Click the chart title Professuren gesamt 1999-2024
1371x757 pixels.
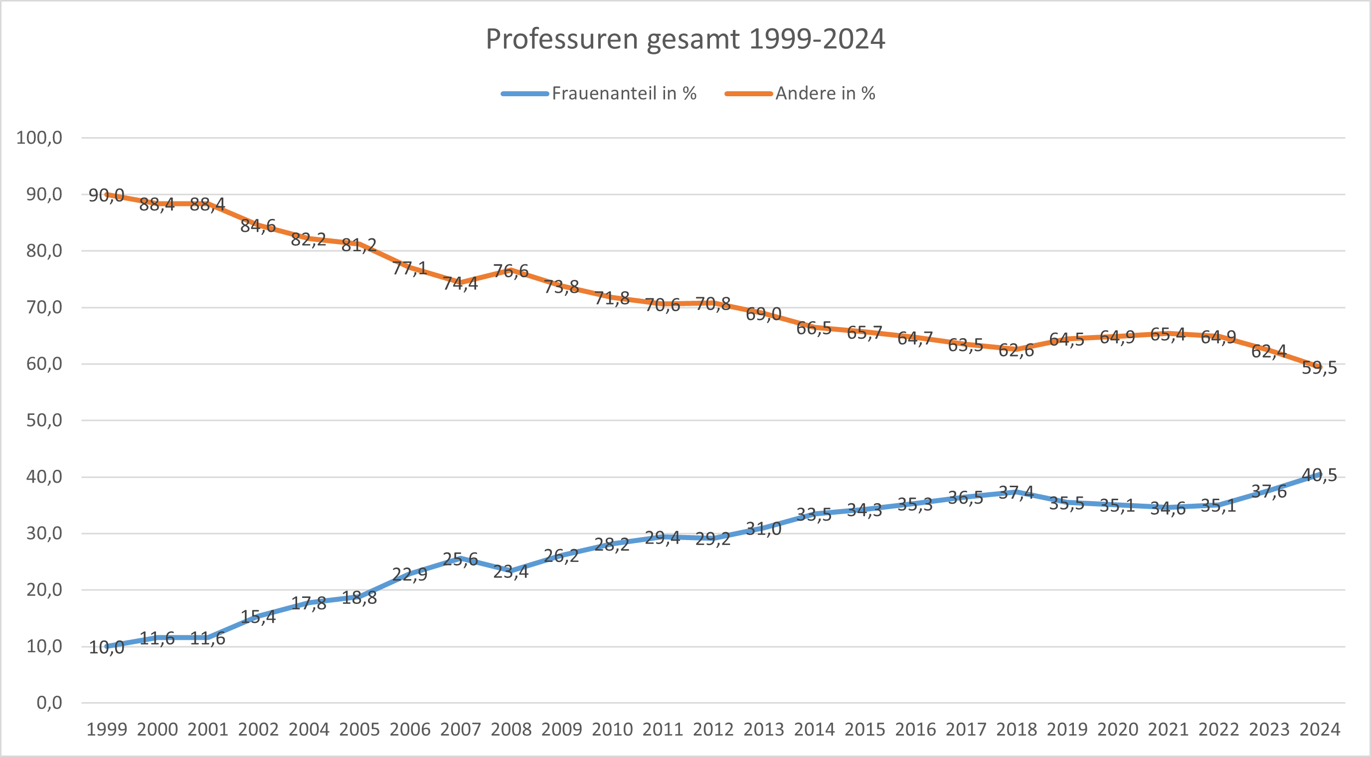coord(685,39)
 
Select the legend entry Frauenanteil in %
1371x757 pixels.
coord(624,94)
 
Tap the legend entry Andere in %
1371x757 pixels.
coord(825,94)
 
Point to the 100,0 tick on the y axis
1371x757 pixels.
coord(39,138)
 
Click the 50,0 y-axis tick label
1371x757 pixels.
coord(44,420)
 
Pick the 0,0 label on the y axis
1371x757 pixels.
coord(49,703)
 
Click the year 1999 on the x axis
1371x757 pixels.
coord(107,729)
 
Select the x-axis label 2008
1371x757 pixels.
coord(511,729)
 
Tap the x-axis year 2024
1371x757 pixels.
coord(1319,729)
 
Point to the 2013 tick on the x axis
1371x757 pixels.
coord(764,729)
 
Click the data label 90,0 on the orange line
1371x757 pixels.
coord(107,195)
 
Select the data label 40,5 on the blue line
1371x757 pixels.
coord(1319,475)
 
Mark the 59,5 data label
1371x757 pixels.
coord(1319,368)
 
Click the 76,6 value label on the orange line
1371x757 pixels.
coord(511,271)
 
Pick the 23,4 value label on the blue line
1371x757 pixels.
coord(511,571)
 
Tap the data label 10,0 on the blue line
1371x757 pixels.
coord(107,647)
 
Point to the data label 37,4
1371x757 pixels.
coord(1016,492)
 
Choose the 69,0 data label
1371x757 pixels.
coord(764,314)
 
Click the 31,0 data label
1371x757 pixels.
coord(764,529)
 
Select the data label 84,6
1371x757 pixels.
coord(258,226)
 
